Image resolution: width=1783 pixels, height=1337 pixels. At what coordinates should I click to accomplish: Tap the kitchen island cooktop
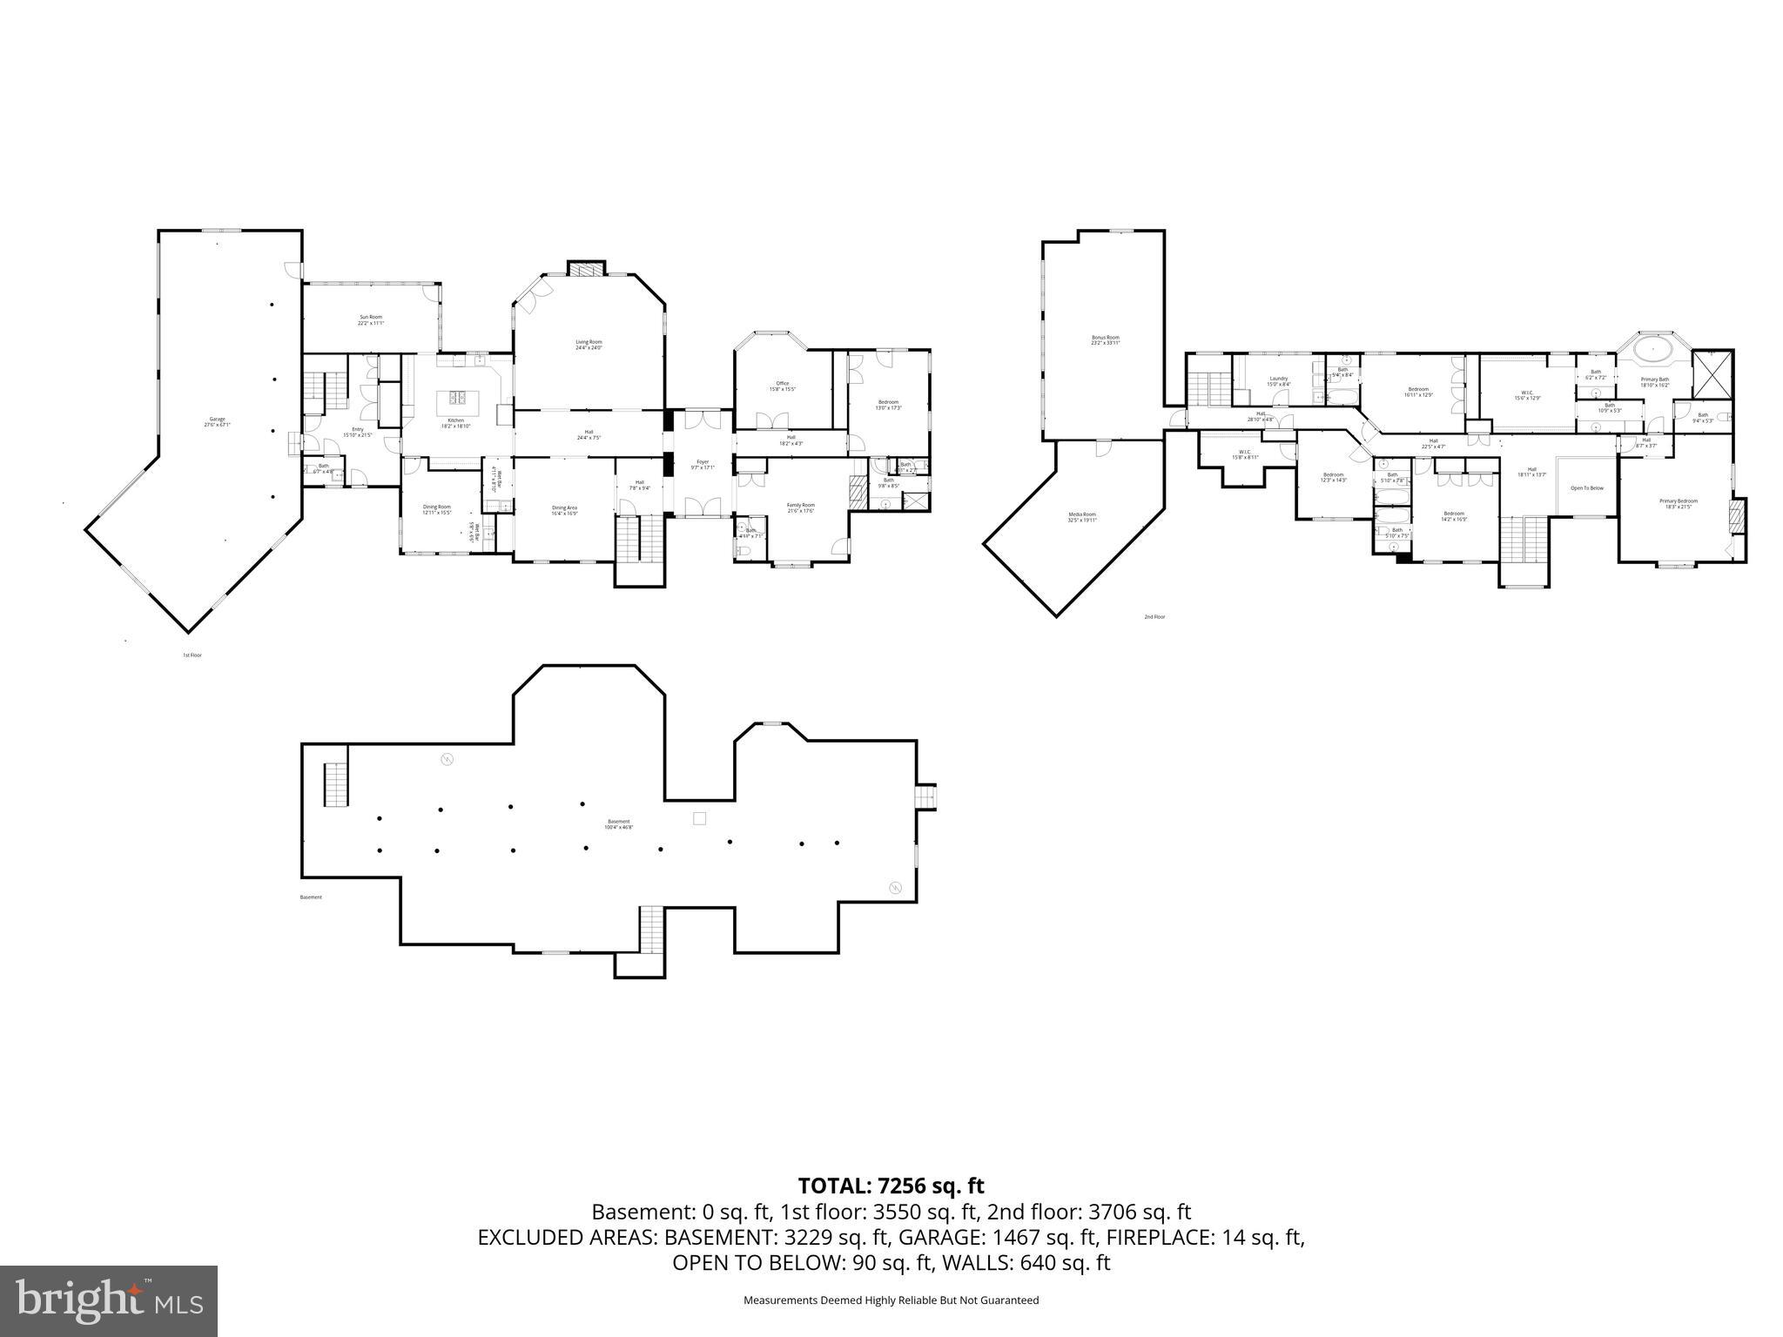click(458, 398)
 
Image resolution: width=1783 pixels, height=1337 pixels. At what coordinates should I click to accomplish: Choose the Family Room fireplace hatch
click(858, 492)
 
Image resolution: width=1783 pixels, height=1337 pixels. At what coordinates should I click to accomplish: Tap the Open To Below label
click(1586, 488)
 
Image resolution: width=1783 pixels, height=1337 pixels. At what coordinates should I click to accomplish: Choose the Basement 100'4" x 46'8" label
click(618, 823)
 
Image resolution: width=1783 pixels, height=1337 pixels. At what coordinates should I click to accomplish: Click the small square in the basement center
click(698, 818)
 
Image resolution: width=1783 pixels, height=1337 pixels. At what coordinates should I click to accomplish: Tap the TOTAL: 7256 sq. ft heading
click(891, 1186)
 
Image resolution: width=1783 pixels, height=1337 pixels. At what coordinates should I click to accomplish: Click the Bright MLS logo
click(109, 1301)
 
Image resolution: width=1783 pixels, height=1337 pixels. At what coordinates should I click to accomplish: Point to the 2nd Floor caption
click(1154, 617)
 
